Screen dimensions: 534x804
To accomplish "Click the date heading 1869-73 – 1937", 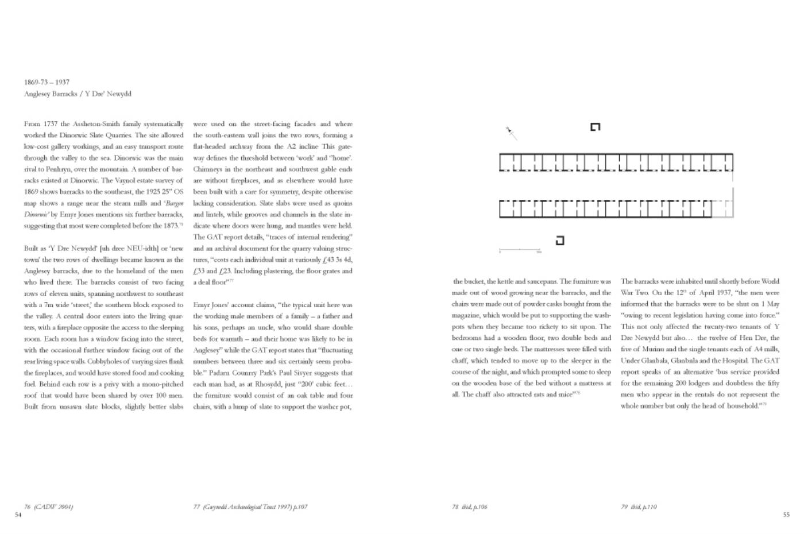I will tap(47, 82).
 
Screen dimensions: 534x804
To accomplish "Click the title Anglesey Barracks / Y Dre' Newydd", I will tap(78, 94).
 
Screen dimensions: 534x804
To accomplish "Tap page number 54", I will tap(18, 514).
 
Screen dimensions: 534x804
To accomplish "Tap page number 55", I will tap(786, 514).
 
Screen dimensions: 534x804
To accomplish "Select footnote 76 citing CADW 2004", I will tap(48, 506).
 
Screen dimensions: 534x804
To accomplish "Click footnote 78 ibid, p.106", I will tap(469, 506).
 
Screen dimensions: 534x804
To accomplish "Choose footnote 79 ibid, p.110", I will tap(639, 506).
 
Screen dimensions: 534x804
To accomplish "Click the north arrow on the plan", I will tap(511, 133).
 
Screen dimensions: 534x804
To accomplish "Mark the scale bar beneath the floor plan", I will tap(520, 250).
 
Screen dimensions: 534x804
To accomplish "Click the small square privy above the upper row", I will tap(595, 127).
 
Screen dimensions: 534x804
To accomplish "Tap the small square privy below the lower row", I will tap(559, 241).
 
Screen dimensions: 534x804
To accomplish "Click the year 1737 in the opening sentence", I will tap(51, 124).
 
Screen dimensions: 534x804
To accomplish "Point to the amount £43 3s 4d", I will tap(335, 260).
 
